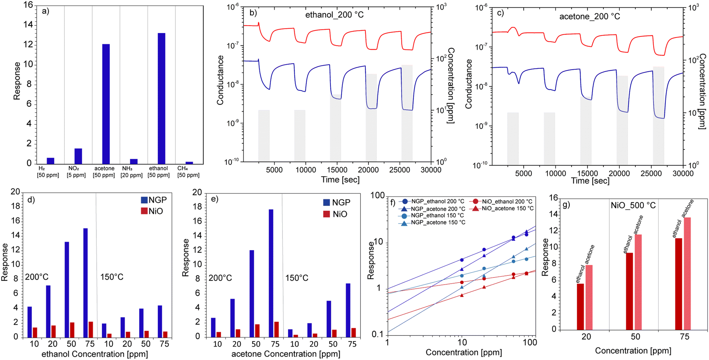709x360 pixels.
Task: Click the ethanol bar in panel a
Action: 161,99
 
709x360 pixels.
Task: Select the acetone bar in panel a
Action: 106,104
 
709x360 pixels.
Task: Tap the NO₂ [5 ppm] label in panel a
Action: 76,172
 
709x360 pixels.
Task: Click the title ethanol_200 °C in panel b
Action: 334,15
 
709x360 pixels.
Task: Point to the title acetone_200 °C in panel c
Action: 590,17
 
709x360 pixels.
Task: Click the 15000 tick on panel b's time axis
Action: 337,170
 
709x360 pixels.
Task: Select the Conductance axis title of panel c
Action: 469,84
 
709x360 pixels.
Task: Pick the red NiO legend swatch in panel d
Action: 144,211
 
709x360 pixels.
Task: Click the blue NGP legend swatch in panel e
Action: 326,203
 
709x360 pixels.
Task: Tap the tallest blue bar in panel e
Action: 271,273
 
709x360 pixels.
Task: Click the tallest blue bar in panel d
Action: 85,283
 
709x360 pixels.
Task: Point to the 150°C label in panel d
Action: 112,277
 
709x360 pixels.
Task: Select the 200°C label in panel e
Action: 220,278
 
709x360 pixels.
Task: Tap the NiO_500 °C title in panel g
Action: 633,205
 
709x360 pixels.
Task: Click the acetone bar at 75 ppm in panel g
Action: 687,274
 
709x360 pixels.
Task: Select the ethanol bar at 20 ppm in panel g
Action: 580,307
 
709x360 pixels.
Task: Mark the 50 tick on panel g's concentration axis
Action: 635,337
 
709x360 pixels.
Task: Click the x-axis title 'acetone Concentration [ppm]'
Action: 285,354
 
